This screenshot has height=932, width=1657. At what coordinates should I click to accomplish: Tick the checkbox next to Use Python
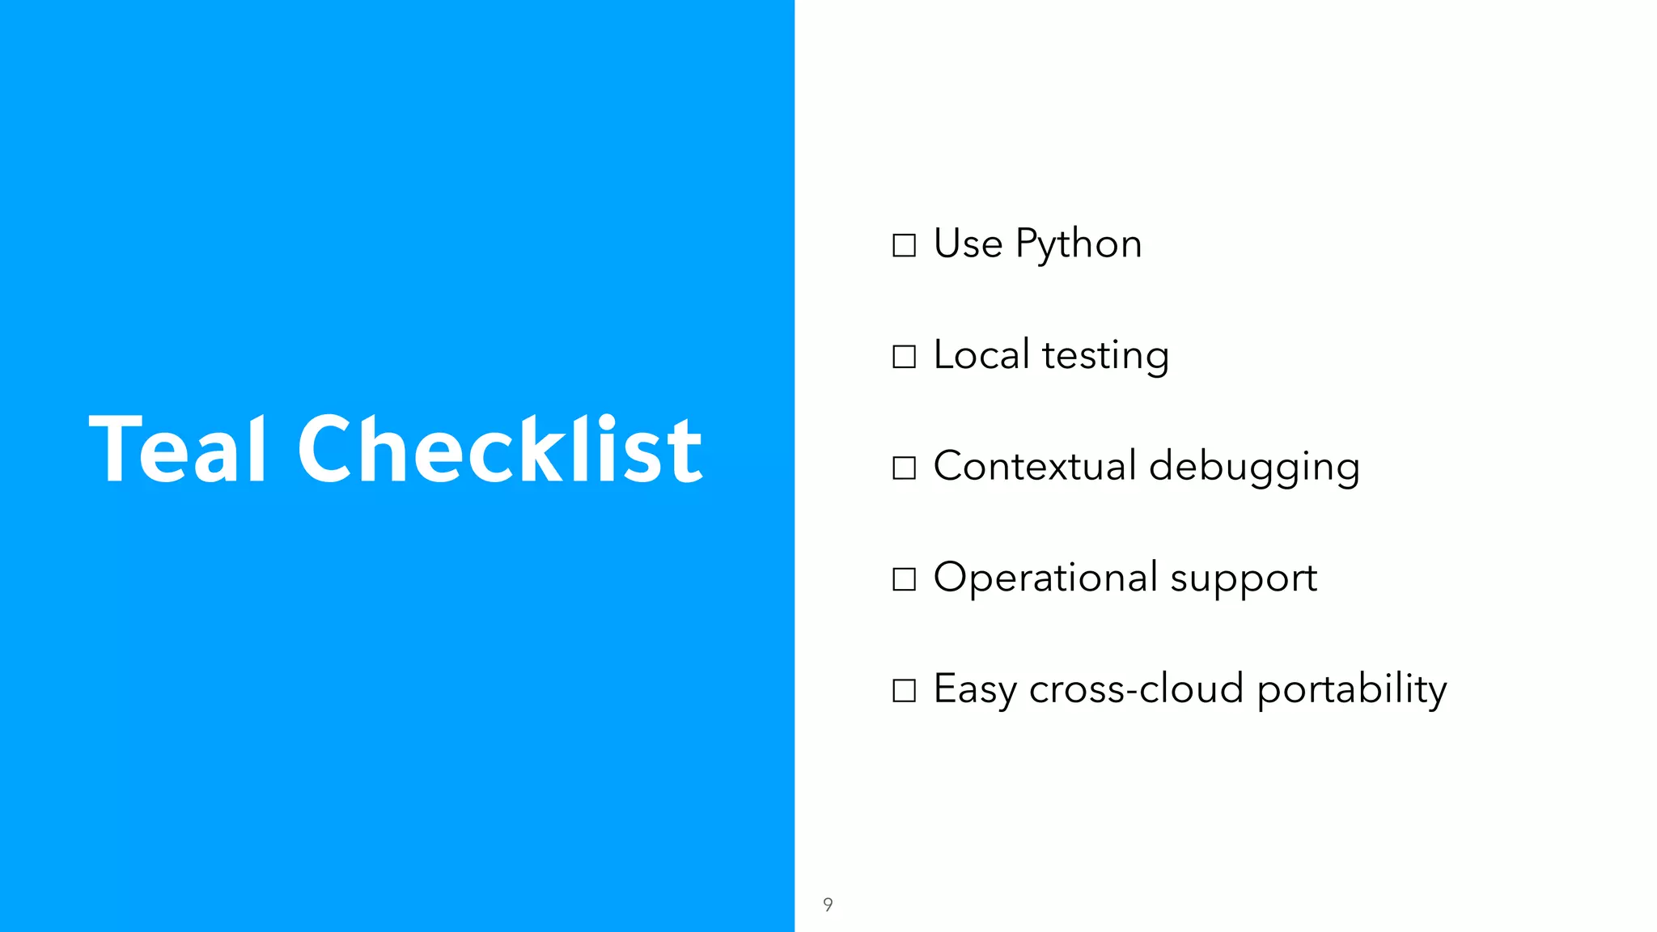(904, 245)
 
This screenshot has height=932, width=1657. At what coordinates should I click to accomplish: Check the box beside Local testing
(904, 357)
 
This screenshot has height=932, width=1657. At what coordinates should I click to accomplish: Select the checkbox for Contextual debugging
(904, 468)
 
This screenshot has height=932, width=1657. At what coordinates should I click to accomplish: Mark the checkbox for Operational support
(904, 579)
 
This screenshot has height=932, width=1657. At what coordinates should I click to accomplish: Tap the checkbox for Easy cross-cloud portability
(904, 690)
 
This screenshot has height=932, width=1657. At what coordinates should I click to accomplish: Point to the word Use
(968, 244)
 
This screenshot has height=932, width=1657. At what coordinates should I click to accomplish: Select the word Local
(981, 355)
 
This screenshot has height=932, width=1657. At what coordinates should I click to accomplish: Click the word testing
(1105, 357)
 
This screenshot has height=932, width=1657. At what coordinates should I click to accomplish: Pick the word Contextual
(1035, 466)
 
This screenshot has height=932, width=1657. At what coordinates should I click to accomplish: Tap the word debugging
(1254, 468)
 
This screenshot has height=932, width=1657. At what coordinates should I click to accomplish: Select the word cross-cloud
(1136, 689)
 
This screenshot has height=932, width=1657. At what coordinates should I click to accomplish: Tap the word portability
(1351, 690)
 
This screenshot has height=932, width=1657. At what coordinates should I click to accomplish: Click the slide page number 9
(828, 904)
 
